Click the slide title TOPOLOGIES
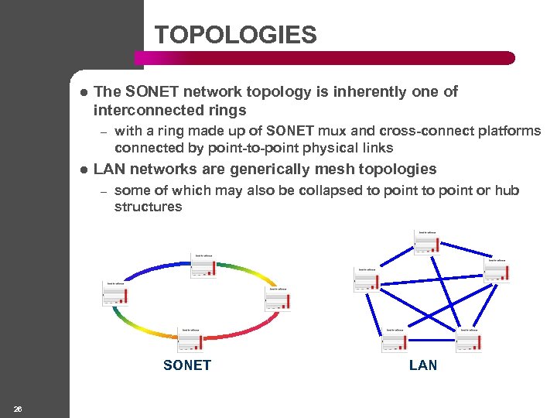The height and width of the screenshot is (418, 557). pos(235,35)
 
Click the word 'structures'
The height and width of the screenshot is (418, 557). pos(148,207)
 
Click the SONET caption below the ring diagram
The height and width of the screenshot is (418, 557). pos(187,365)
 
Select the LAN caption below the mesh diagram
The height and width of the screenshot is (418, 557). pos(422,365)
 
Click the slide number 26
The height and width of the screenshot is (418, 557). pos(18,408)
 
